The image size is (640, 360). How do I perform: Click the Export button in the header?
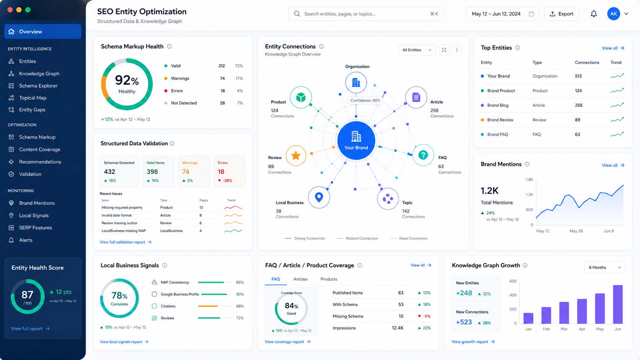[x=562, y=14]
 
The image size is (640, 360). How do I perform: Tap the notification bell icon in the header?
[x=594, y=14]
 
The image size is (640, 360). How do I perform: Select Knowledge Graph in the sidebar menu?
[x=39, y=73]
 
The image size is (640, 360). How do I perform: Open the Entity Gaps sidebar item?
[x=32, y=110]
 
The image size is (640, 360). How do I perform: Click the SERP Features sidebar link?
[x=36, y=228]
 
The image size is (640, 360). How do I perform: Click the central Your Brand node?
[x=356, y=140]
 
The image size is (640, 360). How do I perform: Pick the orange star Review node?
[x=296, y=156]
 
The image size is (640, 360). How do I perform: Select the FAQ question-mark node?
[x=423, y=155]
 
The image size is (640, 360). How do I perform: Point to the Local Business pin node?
[x=319, y=197]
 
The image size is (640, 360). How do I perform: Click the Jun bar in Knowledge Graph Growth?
[x=618, y=304]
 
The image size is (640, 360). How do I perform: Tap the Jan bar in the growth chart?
[x=528, y=318]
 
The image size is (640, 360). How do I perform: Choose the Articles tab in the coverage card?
[x=300, y=279]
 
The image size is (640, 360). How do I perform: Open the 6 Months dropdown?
[x=604, y=267]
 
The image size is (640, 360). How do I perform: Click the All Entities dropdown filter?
[x=417, y=50]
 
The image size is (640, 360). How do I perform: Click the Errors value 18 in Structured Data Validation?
[x=221, y=171]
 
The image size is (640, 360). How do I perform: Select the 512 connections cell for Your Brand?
[x=578, y=76]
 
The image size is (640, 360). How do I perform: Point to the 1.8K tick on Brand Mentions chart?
[x=529, y=179]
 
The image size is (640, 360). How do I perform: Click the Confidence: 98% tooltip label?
[x=365, y=101]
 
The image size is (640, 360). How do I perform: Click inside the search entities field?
[x=366, y=14]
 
